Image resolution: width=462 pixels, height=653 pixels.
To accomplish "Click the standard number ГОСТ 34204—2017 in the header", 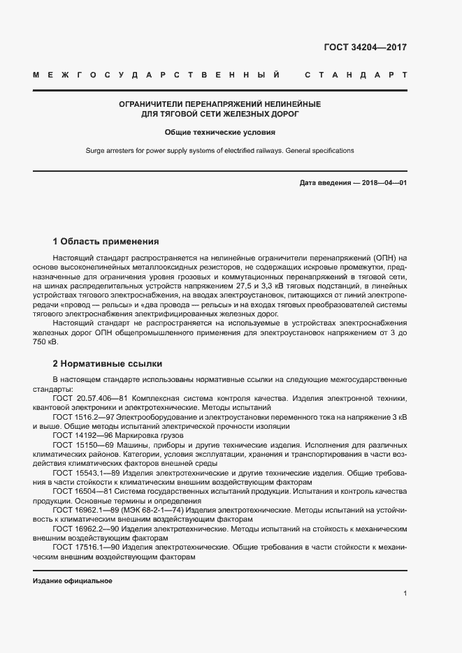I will (365, 48).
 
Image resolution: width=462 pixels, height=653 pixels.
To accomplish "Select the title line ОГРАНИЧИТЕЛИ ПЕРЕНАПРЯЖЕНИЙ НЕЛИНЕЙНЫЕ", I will (219, 103).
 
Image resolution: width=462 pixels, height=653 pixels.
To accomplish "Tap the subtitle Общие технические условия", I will (219, 131).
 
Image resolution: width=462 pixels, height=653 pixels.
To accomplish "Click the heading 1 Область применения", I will (106, 242).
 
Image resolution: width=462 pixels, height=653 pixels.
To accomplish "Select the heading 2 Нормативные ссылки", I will (107, 364).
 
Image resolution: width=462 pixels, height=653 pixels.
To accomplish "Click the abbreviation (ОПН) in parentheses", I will (384, 258).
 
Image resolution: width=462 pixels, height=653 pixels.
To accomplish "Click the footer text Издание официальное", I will (73, 581).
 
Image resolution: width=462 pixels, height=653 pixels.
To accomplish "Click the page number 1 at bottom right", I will (405, 594).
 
